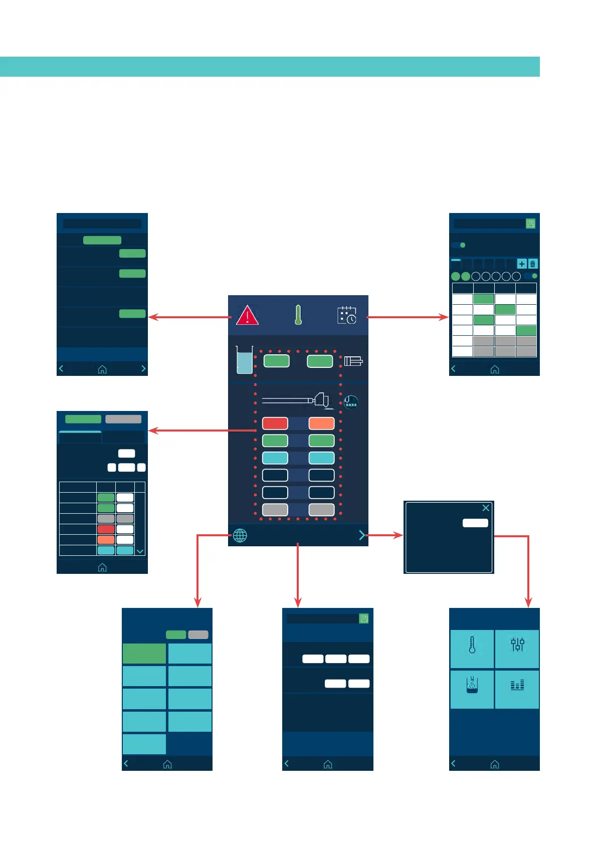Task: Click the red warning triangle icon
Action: pos(247,316)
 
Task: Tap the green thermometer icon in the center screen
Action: pos(298,315)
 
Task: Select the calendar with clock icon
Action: pos(346,315)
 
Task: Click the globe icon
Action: pos(240,535)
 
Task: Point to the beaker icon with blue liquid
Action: pos(244,360)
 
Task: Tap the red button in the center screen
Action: pos(275,424)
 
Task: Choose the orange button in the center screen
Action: pos(321,424)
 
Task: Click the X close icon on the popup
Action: pos(486,508)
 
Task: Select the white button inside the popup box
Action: pos(475,523)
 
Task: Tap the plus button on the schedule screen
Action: pos(522,264)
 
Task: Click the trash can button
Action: pos(533,264)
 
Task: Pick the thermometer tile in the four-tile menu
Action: pos(472,649)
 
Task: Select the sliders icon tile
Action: pos(517,649)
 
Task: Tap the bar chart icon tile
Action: pos(517,689)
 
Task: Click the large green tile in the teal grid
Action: pos(144,654)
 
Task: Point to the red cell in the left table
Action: pos(106,529)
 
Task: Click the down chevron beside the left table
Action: pos(140,551)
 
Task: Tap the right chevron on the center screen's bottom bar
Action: pos(362,535)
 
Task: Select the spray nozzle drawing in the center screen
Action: pos(296,400)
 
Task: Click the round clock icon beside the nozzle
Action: pos(351,402)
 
